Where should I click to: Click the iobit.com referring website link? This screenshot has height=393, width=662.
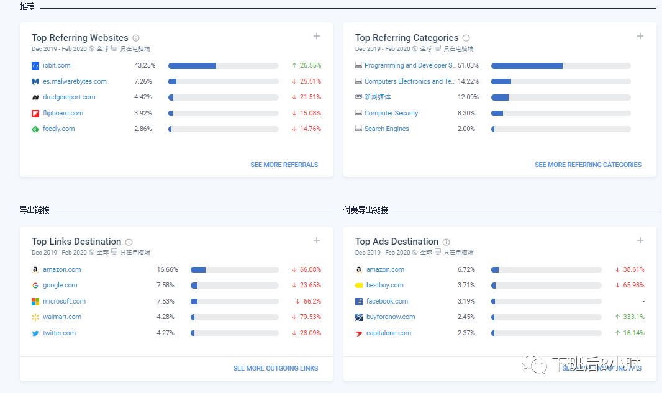(x=57, y=65)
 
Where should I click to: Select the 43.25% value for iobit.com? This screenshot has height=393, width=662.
(x=145, y=65)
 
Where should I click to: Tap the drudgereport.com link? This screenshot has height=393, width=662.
(x=69, y=97)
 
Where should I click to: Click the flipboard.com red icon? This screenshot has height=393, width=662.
(x=35, y=113)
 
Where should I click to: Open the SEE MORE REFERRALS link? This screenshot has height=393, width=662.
(x=284, y=165)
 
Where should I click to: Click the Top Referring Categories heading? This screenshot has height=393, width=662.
(x=406, y=38)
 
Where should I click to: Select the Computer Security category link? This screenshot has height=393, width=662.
(x=391, y=113)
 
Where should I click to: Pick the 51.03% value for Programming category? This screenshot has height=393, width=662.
(x=468, y=65)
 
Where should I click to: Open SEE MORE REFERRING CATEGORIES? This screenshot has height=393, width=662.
(x=587, y=165)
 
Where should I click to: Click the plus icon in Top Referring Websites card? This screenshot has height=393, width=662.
(x=317, y=36)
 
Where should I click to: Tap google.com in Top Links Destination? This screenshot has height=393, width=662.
(x=60, y=285)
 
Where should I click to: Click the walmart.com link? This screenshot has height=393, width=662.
(x=62, y=317)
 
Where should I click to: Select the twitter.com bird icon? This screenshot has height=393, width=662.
(x=35, y=333)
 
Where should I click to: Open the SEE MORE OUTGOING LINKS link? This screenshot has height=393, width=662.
(x=275, y=368)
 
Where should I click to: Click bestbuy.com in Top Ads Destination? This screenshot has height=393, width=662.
(x=385, y=285)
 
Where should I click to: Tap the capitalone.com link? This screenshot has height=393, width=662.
(x=389, y=333)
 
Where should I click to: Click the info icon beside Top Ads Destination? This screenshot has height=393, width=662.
(x=446, y=242)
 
